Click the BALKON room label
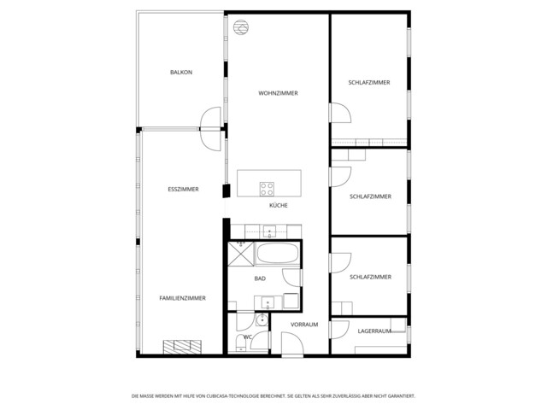[181, 73]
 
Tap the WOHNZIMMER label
[278, 93]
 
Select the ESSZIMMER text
[183, 189]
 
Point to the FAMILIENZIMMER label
[183, 298]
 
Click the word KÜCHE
[278, 206]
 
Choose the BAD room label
[260, 278]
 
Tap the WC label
[247, 337]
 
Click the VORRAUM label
[304, 325]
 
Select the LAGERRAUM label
[374, 330]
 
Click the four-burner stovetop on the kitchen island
[267, 189]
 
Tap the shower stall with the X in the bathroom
[243, 255]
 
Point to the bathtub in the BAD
[278, 255]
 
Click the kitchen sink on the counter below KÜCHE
[268, 231]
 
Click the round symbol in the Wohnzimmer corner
[242, 26]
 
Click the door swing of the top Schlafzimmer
[338, 113]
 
